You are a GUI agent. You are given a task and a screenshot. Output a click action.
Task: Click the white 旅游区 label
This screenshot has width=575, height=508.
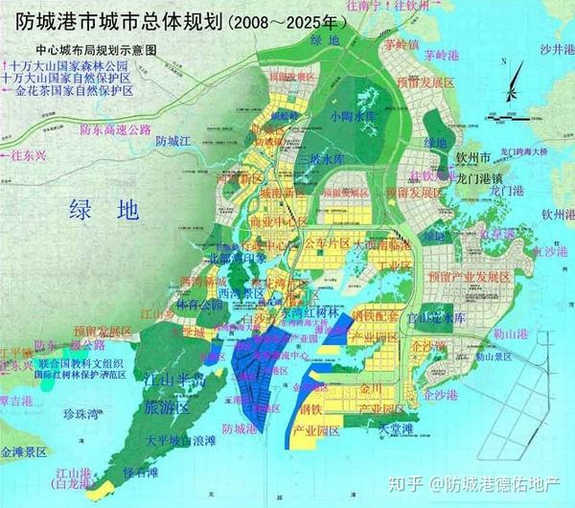[166, 407]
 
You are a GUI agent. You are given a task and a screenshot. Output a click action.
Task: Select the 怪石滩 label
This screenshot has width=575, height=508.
[143, 473]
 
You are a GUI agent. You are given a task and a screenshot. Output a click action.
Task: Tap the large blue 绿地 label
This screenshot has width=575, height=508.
[101, 210]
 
